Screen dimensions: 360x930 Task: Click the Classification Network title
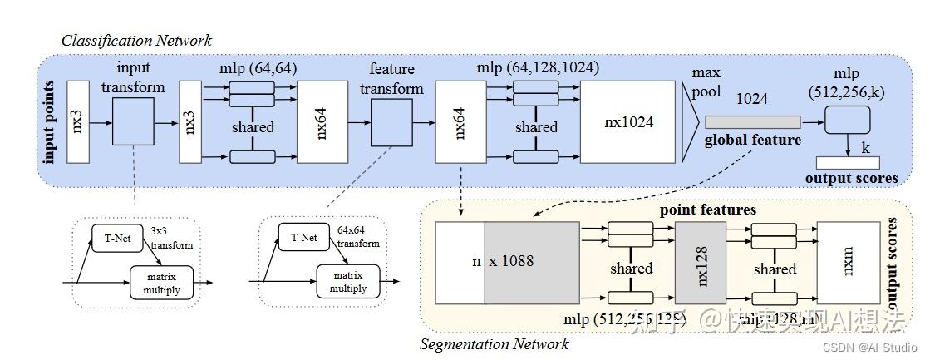tap(136, 40)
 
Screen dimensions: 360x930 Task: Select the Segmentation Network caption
tap(494, 343)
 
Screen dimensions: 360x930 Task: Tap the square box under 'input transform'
tap(133, 122)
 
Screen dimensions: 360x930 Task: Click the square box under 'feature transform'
tap(391, 122)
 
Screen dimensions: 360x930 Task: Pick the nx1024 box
tap(627, 122)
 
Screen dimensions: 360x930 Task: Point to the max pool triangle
tap(691, 122)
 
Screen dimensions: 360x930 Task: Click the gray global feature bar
tap(752, 122)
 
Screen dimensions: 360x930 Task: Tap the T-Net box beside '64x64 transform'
tap(303, 238)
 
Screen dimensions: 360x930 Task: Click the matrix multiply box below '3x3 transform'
tap(161, 282)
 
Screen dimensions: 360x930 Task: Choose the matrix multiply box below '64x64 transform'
tap(348, 282)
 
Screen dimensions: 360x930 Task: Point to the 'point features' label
tap(708, 210)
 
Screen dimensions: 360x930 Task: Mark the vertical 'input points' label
tap(49, 122)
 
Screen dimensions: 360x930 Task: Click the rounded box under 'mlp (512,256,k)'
tap(847, 121)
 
